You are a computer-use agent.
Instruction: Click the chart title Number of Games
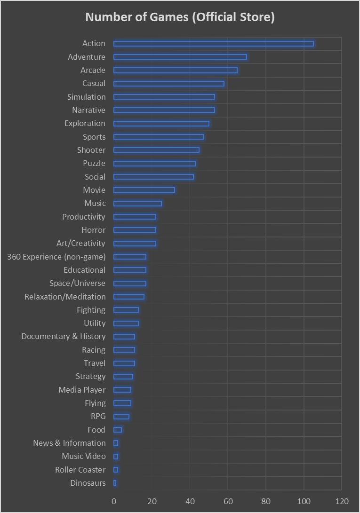pos(180,17)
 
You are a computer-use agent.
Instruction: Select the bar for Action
pos(213,44)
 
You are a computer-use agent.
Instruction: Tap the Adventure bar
pos(180,57)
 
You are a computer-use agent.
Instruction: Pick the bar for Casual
pos(168,84)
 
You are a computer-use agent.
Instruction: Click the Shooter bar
pos(156,150)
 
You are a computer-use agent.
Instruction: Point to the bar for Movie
pos(144,190)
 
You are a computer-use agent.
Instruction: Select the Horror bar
pos(135,230)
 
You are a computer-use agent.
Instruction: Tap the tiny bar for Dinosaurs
pos(115,483)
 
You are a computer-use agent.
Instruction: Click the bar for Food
pos(118,430)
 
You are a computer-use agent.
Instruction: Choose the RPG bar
pos(121,416)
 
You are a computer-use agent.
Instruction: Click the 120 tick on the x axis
pos(342,501)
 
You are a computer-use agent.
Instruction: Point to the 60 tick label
pos(228,501)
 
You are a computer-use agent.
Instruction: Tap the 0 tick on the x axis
pos(114,501)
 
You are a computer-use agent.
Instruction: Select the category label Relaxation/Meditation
pos(65,297)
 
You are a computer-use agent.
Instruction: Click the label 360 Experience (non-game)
pos(56,257)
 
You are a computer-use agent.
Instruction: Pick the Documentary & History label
pos(64,337)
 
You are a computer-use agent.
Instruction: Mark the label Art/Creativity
pos(81,243)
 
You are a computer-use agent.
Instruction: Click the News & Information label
pos(69,443)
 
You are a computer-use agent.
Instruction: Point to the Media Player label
pos(82,390)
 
